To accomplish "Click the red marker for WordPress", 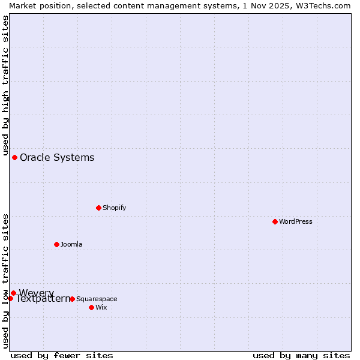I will pos(275,221).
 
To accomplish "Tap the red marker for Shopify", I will pos(98,208).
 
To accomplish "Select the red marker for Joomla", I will pos(56,244).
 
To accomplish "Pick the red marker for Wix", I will pos(91,307).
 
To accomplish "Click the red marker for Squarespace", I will pos(72,299).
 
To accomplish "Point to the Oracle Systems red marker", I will pos(14,157).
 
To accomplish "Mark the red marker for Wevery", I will pos(13,293).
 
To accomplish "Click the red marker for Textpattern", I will pos(10,298).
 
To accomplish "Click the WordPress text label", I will pos(296,221).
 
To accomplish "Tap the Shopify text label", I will pos(114,208).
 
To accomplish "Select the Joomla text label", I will pos(71,244).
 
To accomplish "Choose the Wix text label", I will pos(101,307).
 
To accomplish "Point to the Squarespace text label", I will pos(97,299).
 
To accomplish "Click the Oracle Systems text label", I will pos(57,157).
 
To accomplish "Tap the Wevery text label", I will pos(36,293).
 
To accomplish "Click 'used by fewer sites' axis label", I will pos(62,355).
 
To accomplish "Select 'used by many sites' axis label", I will pos(301,355).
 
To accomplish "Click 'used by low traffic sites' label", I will pos(5,281).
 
